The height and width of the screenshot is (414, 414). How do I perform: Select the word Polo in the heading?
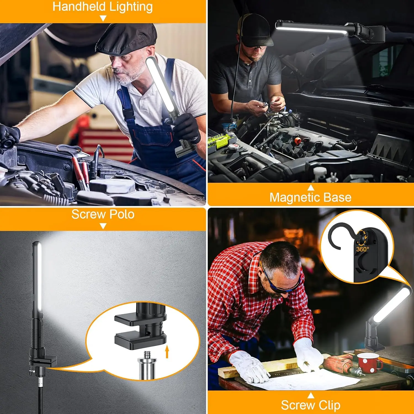click(x=122, y=214)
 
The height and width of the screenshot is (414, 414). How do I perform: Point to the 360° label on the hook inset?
click(x=362, y=249)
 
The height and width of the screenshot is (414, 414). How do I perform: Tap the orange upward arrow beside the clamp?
click(x=167, y=352)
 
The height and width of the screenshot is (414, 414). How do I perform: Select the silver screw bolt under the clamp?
click(x=147, y=364)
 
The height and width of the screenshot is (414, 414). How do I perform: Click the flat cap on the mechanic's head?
click(x=126, y=39)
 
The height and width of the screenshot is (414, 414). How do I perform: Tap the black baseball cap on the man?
click(x=255, y=32)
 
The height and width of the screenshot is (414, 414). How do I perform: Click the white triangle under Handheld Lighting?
click(x=103, y=18)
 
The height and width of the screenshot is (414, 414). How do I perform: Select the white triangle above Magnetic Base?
click(x=311, y=188)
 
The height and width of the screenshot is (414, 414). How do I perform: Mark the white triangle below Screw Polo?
click(x=103, y=226)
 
